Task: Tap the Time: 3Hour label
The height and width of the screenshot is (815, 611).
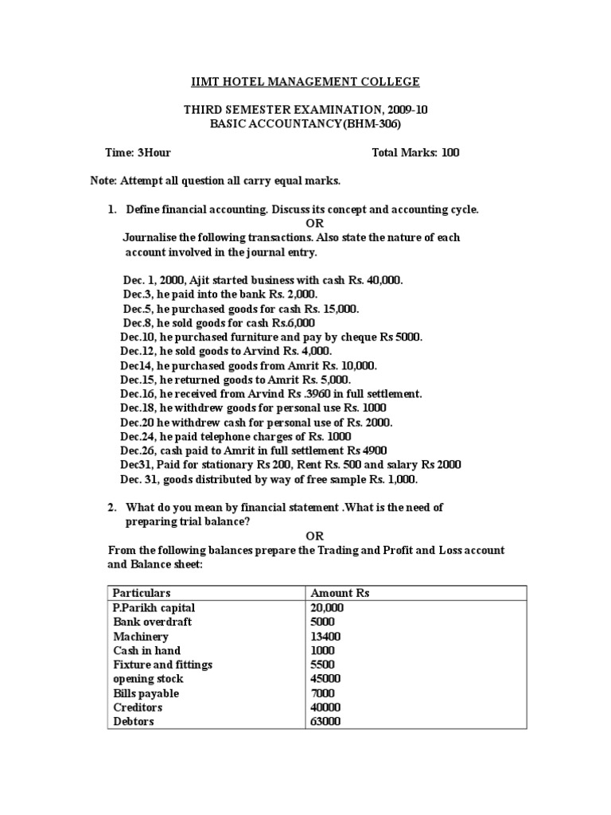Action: tap(138, 152)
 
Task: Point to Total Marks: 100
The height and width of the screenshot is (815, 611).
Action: tap(415, 152)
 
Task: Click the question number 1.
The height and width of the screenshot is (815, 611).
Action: tap(112, 209)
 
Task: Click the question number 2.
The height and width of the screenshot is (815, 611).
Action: tap(112, 508)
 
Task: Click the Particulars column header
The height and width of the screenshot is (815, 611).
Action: tap(142, 593)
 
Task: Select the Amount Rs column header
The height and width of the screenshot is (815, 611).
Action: tap(341, 593)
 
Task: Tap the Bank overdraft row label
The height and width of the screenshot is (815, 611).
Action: tap(152, 622)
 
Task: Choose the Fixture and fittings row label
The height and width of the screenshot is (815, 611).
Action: tap(162, 665)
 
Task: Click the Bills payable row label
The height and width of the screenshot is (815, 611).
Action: tap(146, 693)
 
